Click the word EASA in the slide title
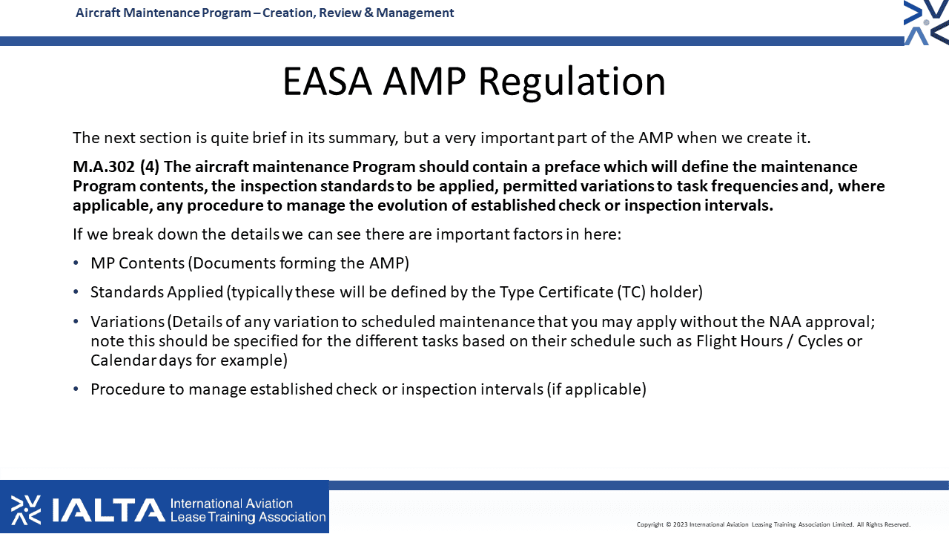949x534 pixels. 328,81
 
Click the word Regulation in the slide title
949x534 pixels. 572,83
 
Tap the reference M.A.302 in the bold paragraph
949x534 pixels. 104,167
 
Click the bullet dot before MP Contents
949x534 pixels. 76,263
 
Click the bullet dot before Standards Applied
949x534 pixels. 76,292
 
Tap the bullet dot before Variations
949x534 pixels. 76,322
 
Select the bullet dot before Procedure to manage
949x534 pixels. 76,389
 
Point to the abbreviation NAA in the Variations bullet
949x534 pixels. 785,322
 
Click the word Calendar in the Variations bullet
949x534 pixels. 123,360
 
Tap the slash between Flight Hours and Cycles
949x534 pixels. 790,341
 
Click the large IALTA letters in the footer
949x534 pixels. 108,510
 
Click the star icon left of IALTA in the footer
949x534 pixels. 26,510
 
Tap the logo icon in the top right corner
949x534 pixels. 927,22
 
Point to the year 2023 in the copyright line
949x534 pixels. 680,524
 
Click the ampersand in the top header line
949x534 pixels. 368,13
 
